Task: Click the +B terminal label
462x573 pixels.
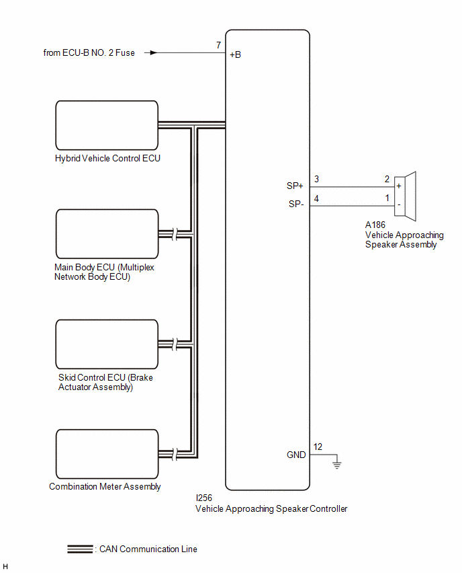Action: click(x=236, y=55)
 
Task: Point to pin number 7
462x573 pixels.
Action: click(x=219, y=45)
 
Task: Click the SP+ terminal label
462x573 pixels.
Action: click(x=295, y=186)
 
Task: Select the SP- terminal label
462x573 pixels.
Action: click(x=296, y=204)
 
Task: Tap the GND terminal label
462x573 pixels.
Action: click(x=296, y=455)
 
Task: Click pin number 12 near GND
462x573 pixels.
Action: click(x=318, y=447)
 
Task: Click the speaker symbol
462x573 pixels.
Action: click(x=405, y=196)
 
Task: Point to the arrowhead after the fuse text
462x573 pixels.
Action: click(x=154, y=52)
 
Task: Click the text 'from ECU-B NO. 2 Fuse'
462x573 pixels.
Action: click(x=89, y=53)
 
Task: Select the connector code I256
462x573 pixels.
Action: click(x=203, y=498)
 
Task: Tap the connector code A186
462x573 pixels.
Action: click(x=375, y=225)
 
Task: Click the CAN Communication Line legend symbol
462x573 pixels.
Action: click(x=80, y=549)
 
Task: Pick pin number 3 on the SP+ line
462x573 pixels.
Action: click(x=316, y=179)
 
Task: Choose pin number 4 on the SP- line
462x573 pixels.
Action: click(x=316, y=198)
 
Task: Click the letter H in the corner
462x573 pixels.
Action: click(x=5, y=566)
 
